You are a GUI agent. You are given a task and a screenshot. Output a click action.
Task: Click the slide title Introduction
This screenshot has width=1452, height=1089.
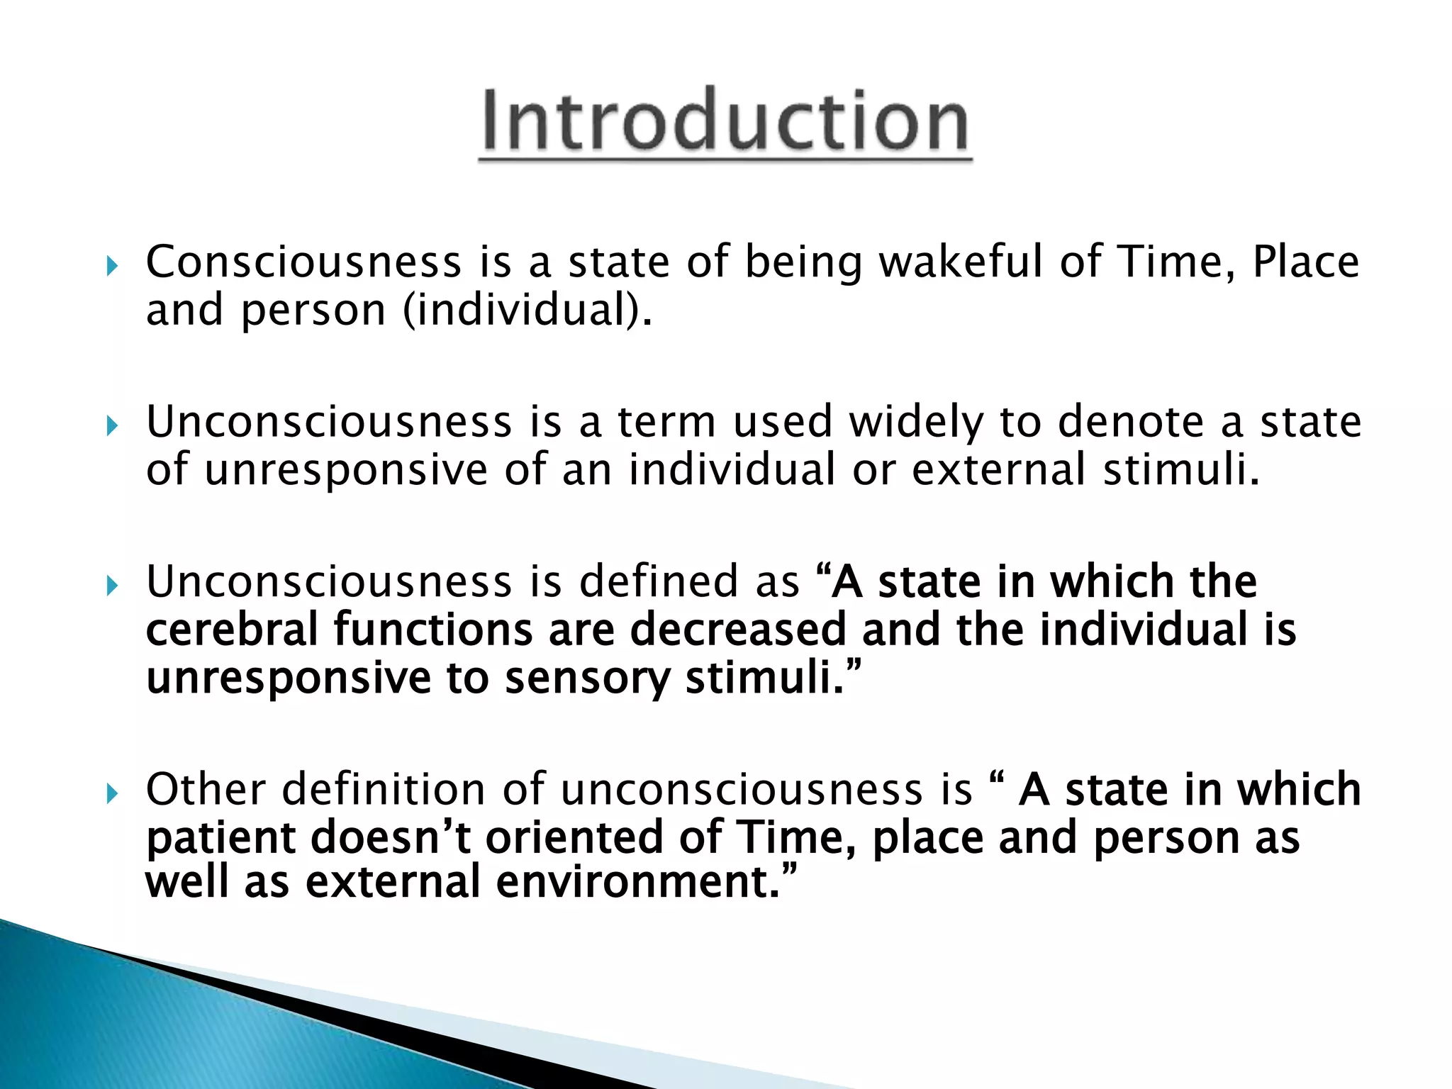[x=725, y=122]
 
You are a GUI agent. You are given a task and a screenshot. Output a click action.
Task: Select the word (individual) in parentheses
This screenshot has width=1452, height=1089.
[x=526, y=310]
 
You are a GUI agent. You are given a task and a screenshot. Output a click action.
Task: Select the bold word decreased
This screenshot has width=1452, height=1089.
[x=737, y=630]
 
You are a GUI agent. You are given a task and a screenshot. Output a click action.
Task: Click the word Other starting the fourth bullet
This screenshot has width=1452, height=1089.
[x=206, y=789]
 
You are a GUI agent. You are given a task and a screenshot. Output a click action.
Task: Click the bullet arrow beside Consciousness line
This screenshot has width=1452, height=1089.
[x=111, y=267]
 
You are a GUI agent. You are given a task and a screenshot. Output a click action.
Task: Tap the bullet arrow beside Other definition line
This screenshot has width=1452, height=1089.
[x=111, y=795]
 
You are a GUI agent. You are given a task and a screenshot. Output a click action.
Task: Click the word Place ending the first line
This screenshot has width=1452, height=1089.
[x=1305, y=262]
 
